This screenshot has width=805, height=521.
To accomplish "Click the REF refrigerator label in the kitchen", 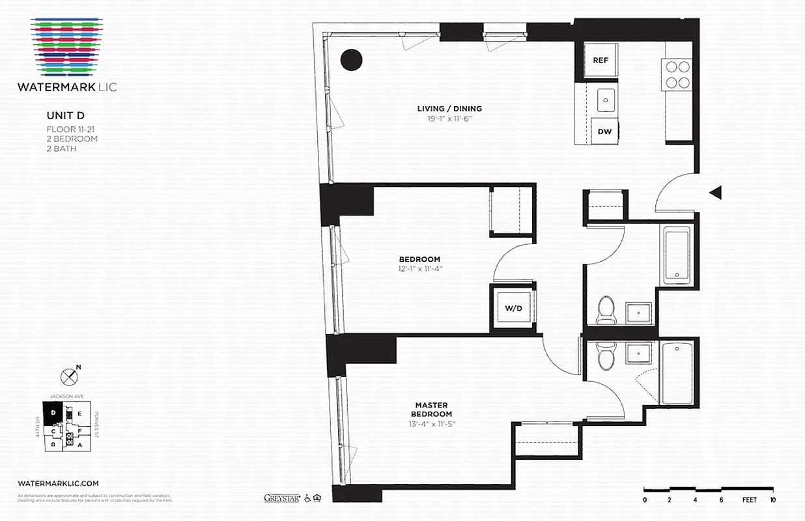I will (x=600, y=61).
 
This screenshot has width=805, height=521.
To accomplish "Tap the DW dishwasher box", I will (x=604, y=132).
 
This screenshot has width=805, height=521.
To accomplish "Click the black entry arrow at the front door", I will (x=715, y=192).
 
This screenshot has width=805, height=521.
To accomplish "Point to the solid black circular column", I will (x=352, y=60).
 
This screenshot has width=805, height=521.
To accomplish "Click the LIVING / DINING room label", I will (x=449, y=109).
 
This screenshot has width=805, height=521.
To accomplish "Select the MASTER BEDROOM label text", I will (x=431, y=410).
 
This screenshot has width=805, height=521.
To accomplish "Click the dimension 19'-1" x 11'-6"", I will (x=449, y=119).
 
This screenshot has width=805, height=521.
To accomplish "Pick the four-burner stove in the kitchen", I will (x=676, y=74).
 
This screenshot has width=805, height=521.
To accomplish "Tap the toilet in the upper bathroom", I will (x=606, y=309).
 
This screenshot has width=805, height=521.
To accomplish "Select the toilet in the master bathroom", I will (x=604, y=357).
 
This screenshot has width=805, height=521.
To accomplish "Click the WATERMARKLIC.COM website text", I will (x=59, y=483).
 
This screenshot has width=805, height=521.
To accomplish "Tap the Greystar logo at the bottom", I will (x=281, y=498).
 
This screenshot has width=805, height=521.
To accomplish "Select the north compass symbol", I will (x=69, y=376).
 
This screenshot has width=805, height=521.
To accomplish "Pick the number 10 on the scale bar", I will (x=772, y=500).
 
